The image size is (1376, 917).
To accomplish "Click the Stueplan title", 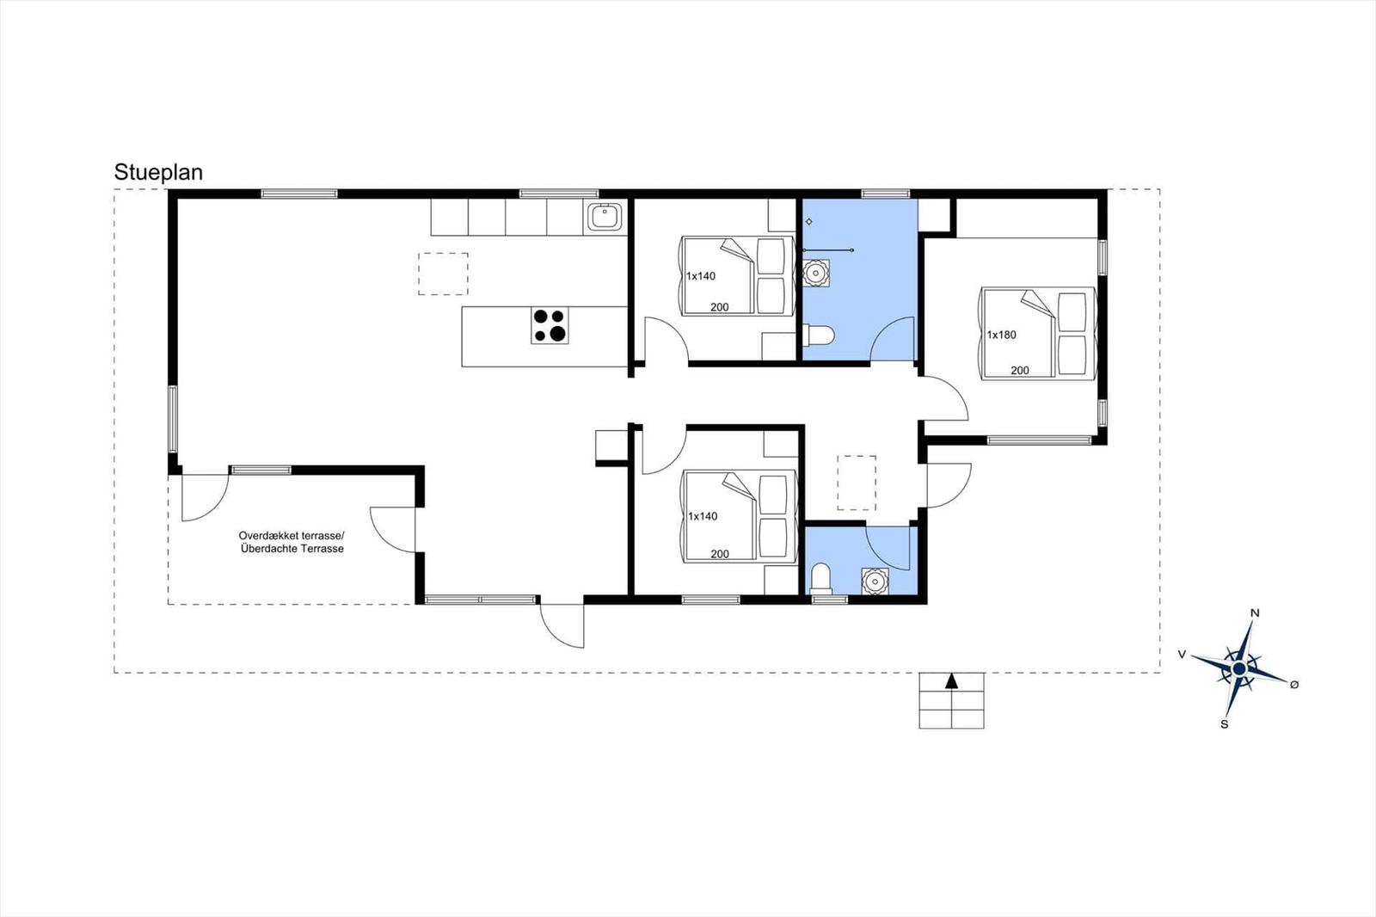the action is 158,173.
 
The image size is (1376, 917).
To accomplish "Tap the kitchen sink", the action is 605,216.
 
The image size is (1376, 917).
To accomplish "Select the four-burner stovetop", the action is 550,325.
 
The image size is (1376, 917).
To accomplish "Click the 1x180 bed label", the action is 1001,335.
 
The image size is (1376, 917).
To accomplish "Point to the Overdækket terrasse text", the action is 292,535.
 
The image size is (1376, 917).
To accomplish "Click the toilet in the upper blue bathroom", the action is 818,335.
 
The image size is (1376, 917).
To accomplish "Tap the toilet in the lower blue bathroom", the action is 820,579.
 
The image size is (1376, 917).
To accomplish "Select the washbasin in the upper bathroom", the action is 816,273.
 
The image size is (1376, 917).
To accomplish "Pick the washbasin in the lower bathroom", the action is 875,582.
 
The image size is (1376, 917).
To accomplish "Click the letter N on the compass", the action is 1255,612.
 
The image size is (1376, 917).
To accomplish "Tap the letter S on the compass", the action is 1225,724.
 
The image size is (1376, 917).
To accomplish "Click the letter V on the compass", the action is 1182,654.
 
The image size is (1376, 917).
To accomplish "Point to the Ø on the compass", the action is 1294,684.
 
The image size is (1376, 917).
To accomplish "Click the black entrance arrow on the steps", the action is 951,680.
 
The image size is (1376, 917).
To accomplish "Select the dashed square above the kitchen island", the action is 443,274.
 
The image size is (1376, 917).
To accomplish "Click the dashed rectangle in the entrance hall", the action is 857,483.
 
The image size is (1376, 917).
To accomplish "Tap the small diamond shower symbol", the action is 809,221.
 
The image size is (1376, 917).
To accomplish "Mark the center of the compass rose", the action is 1239,668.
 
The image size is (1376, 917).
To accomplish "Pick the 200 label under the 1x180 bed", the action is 1020,371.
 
